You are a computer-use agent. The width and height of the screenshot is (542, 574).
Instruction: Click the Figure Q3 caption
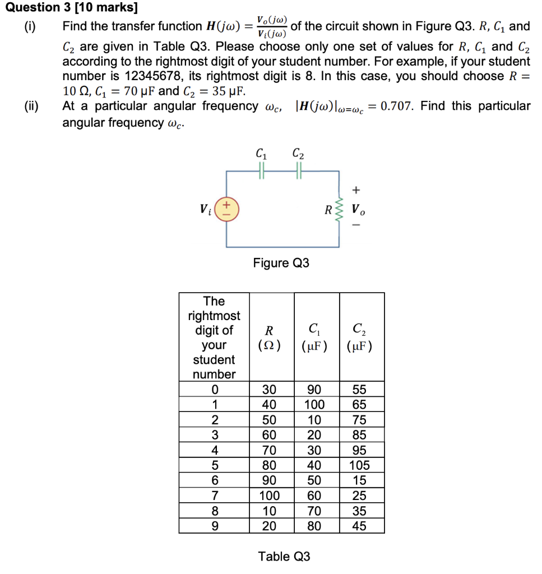tap(281, 263)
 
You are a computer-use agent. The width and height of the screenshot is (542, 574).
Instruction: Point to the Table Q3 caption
tap(284, 556)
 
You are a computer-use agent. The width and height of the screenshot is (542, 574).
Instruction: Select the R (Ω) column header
tap(271, 337)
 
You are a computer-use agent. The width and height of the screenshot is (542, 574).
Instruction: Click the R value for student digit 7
tap(269, 496)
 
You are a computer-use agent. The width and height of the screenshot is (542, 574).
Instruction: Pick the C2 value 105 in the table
tap(359, 465)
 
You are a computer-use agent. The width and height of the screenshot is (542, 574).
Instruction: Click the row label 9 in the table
tap(214, 526)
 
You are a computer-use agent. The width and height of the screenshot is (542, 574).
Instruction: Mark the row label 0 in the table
tap(214, 390)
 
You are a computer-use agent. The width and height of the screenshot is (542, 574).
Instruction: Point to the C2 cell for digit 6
tap(359, 480)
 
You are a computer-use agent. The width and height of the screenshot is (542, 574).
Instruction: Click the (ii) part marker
tap(29, 106)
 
